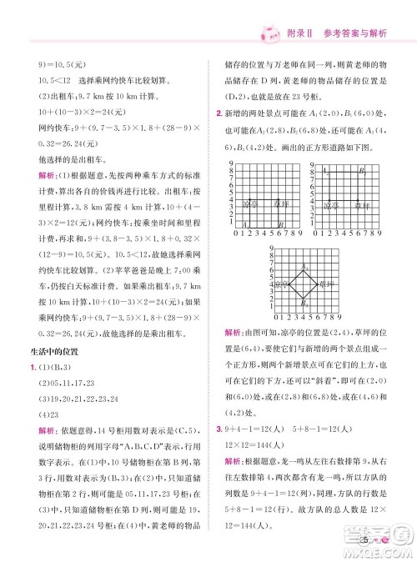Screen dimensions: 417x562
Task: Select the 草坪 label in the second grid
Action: tap(360, 204)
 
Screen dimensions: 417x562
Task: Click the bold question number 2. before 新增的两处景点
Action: tap(218, 111)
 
